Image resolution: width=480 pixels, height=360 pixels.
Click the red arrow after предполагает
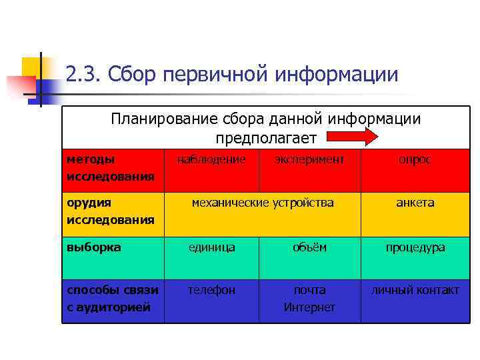[x=351, y=137]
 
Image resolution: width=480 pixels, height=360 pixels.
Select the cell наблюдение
[x=211, y=160]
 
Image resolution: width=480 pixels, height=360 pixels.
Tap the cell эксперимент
[x=310, y=160]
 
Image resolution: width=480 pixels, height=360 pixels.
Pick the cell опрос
[x=415, y=160]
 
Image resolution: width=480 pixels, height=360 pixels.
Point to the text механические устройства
[x=263, y=203]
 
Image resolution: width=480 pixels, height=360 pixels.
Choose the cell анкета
[x=415, y=203]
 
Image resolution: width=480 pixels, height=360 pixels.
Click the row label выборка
[x=94, y=247]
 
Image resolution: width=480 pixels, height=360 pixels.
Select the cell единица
[x=211, y=247]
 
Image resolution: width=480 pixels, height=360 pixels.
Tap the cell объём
[x=310, y=247]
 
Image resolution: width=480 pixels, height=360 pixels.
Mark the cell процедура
[x=415, y=247]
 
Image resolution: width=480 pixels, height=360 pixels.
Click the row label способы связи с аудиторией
[x=113, y=298]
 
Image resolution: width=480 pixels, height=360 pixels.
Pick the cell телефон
[x=211, y=290]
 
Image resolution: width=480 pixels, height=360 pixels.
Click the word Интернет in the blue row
[x=310, y=307]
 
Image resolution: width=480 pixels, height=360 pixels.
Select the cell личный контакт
[x=415, y=290]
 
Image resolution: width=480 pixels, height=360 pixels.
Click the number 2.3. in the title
[x=83, y=74]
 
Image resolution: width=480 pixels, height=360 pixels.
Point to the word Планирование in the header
[x=154, y=119]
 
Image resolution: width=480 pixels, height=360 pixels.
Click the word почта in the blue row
[x=310, y=290]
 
